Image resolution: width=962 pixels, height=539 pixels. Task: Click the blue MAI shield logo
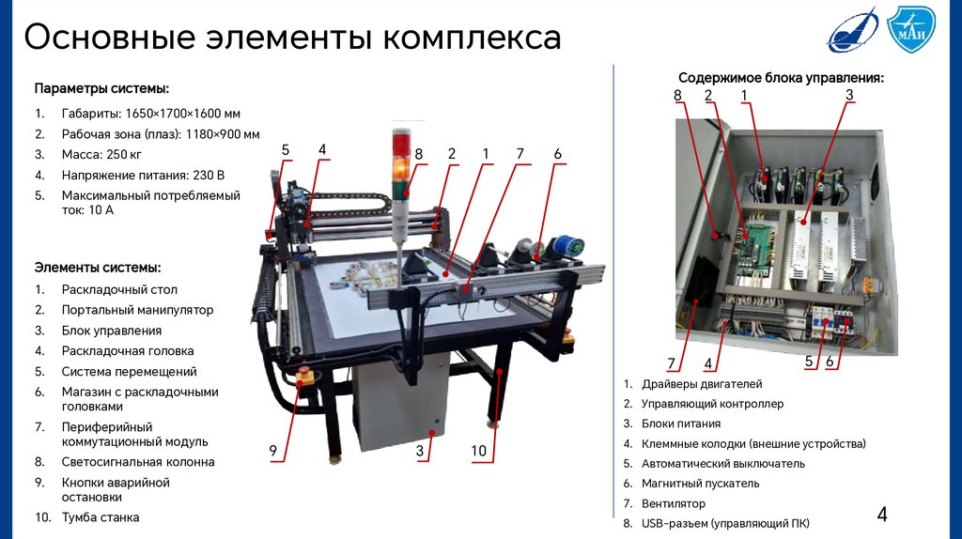coord(911,29)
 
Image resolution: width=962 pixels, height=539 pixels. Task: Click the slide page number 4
coord(882,514)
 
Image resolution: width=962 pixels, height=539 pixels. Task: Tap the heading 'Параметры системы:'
coord(101,88)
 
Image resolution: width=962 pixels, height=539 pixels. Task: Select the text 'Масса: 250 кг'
coord(101,155)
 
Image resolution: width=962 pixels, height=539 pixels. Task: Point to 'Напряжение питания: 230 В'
coord(143,176)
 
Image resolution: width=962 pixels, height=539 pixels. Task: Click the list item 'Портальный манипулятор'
coord(137,310)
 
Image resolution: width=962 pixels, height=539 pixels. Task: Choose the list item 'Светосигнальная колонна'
coord(138,462)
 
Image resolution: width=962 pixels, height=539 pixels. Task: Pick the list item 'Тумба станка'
coord(101,517)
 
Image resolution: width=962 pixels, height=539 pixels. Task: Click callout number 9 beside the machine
coord(273,451)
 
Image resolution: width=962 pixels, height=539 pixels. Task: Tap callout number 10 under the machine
coord(478,451)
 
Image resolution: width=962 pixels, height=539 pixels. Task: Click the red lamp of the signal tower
coord(401,145)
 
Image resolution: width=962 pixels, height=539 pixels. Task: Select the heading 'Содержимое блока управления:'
coord(781,78)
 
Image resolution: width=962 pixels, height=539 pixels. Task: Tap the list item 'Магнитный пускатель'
coord(701,484)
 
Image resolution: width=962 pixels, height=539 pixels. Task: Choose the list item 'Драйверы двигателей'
coord(702,384)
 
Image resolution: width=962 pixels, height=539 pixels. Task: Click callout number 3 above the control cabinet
coord(849,95)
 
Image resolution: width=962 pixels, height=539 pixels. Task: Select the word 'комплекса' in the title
coord(473,38)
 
